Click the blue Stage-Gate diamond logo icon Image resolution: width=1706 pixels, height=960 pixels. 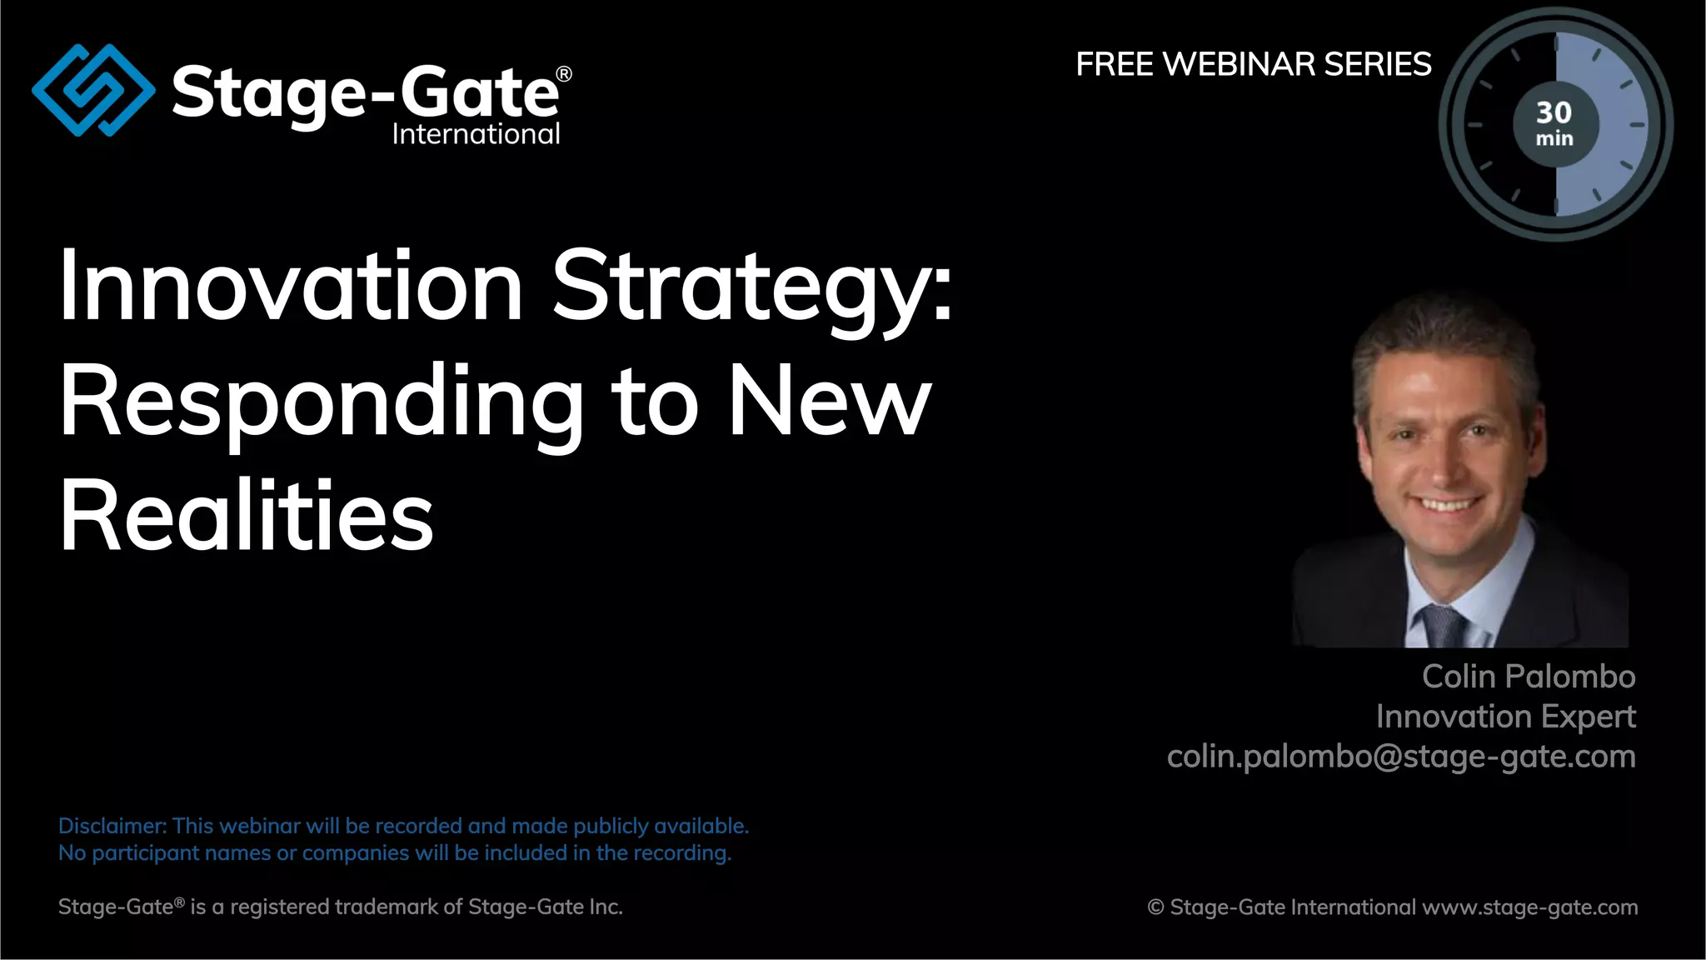point(93,90)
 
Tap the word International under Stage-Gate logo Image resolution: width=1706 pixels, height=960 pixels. point(476,134)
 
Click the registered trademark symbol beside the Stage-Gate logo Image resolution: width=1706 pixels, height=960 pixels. point(564,74)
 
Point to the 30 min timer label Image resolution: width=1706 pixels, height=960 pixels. point(1554,123)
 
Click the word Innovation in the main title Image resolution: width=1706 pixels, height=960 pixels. point(291,286)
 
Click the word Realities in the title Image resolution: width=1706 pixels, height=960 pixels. point(247,516)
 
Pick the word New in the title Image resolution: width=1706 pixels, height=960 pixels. point(830,402)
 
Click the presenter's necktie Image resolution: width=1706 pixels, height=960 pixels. point(1441,626)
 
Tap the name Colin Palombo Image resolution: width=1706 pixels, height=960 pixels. point(1528,677)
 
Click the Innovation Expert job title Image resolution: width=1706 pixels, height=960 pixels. point(1505,717)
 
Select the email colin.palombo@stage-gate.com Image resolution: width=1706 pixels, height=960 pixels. point(1401,757)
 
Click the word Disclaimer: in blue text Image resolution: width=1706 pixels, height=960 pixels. point(112,826)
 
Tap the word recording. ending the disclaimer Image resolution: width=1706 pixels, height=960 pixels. point(681,853)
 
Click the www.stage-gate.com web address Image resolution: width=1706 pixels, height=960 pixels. point(1529,907)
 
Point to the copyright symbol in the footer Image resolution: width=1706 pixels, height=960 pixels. point(1155,907)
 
